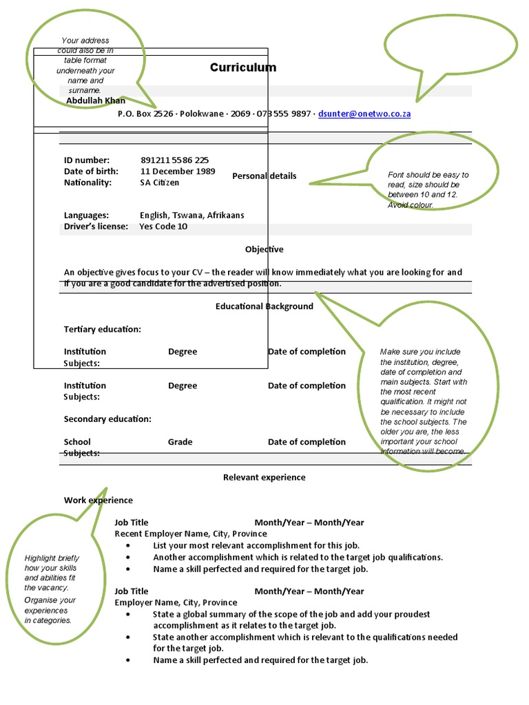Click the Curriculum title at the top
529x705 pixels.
[243, 67]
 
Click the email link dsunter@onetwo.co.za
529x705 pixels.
[364, 114]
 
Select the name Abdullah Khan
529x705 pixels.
[96, 101]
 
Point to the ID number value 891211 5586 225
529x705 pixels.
[174, 160]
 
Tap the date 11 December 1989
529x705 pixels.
[178, 171]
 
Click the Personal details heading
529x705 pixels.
[264, 176]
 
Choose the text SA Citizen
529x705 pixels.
[159, 182]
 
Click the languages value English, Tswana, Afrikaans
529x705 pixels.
[191, 215]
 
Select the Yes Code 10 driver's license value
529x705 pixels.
[163, 227]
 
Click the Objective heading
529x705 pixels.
[264, 249]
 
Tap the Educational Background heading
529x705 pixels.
[264, 306]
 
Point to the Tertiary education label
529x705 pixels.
[103, 329]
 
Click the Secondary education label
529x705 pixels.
[107, 419]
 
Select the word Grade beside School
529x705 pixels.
[180, 442]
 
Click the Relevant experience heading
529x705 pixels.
[264, 477]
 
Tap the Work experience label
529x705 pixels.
[98, 500]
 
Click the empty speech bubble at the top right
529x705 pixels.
[450, 47]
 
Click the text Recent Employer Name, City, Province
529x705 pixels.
[191, 534]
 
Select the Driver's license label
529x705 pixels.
[96, 227]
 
